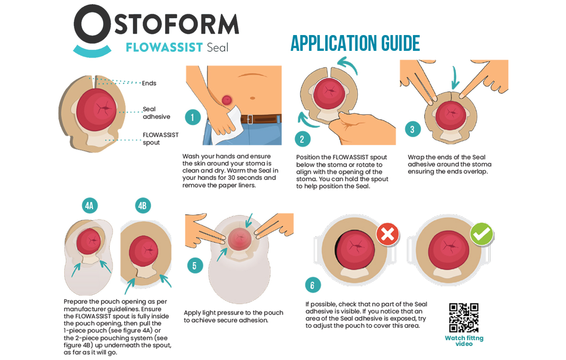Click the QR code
pyautogui.click(x=464, y=318)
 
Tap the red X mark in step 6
pyautogui.click(x=388, y=234)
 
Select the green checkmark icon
pyautogui.click(x=482, y=234)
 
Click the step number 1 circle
pyautogui.click(x=193, y=117)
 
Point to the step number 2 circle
pyautogui.click(x=303, y=139)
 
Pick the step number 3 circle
pyautogui.click(x=413, y=129)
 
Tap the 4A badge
pyautogui.click(x=90, y=206)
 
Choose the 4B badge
pyautogui.click(x=142, y=206)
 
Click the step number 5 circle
pyautogui.click(x=195, y=266)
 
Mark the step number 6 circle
pyautogui.click(x=313, y=285)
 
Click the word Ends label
pyautogui.click(x=149, y=83)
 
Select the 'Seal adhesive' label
pyautogui.click(x=156, y=113)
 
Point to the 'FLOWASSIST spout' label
pyautogui.click(x=160, y=139)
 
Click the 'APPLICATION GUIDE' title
pyautogui.click(x=355, y=44)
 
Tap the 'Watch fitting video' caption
pyautogui.click(x=464, y=341)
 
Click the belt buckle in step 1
pyautogui.click(x=250, y=119)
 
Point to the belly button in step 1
pyautogui.click(x=253, y=98)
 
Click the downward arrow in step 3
pyautogui.click(x=454, y=78)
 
